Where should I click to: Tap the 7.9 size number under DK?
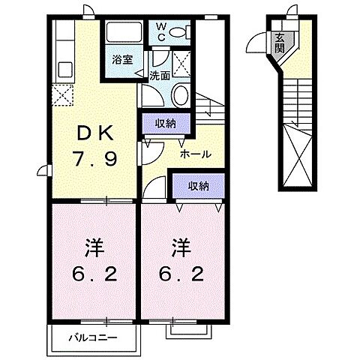pos(94,158)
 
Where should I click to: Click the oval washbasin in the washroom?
pos(180,95)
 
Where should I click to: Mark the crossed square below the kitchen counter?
pos(61,95)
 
